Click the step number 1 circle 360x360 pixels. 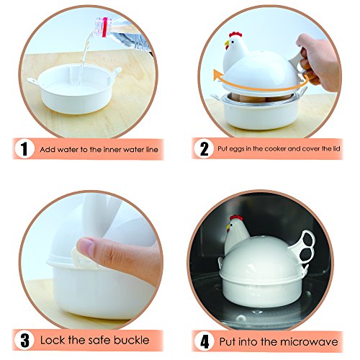click(24, 150)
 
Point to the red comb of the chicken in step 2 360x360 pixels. click(233, 36)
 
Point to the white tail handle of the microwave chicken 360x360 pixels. click(305, 246)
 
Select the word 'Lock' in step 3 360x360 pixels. click(55, 338)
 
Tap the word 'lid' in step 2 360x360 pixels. click(332, 150)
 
